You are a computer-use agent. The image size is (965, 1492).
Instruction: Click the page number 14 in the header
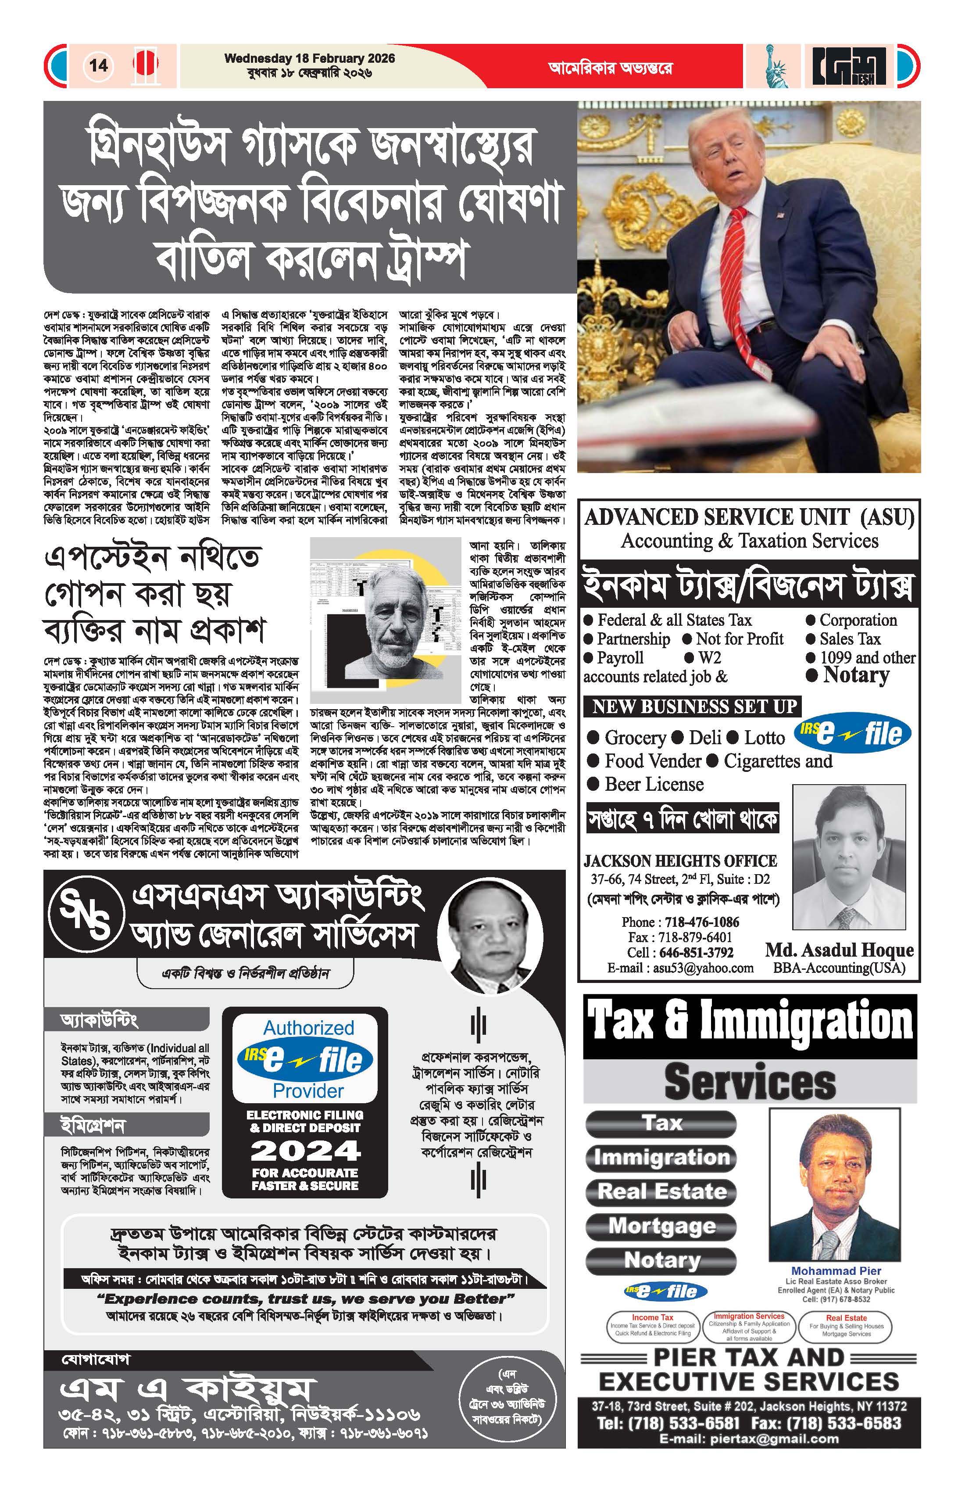98,65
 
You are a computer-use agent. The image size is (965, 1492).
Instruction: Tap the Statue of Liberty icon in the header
775,65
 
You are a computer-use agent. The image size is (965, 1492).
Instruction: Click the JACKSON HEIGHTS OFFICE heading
680,861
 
